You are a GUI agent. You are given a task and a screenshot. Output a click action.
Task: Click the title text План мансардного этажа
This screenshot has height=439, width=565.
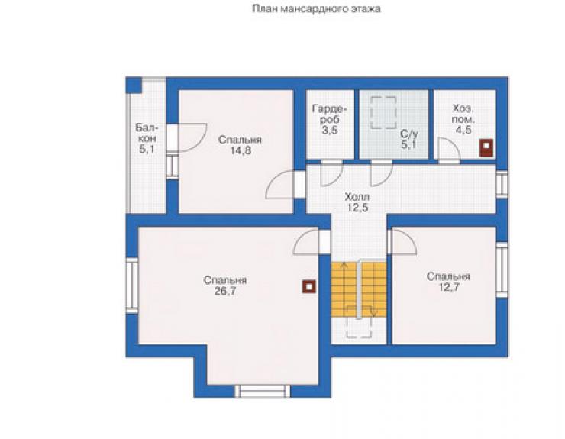[x=316, y=9]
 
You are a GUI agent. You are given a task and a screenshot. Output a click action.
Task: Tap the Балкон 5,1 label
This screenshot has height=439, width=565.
[x=147, y=138]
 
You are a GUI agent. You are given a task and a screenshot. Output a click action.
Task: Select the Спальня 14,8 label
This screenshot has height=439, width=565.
[x=240, y=145]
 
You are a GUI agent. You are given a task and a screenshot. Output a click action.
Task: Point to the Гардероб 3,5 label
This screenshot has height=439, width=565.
[x=330, y=119]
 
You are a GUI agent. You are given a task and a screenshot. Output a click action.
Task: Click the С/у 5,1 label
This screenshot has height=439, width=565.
[x=408, y=140]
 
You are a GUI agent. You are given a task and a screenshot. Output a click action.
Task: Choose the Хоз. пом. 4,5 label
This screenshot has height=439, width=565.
[x=463, y=119]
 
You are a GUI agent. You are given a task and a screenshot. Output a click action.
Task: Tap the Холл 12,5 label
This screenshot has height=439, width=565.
[x=357, y=202]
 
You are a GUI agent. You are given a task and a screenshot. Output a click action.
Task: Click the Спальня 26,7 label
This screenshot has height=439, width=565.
[x=225, y=286]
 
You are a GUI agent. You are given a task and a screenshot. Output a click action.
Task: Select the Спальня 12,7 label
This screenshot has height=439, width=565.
[x=448, y=282]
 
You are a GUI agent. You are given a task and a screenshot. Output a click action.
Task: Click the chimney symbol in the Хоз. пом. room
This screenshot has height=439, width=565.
[x=486, y=148]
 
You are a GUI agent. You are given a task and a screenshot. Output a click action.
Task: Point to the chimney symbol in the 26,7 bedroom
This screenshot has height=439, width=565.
[x=309, y=287]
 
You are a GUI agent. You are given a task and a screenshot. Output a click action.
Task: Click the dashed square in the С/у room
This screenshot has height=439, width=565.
[x=384, y=113]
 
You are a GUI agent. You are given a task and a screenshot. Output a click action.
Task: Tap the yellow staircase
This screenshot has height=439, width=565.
[x=359, y=290]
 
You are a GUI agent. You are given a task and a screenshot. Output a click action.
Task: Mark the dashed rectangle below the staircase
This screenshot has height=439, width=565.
[x=359, y=322]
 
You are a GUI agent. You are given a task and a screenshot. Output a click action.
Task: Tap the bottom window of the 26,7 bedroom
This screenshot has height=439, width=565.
[x=263, y=391]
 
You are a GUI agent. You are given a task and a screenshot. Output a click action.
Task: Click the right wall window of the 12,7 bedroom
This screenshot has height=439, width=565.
[x=502, y=270]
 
